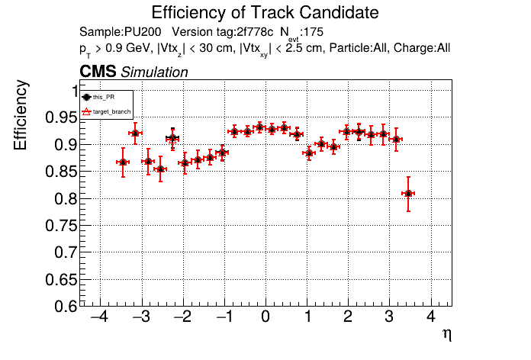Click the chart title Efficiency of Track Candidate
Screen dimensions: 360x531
point(265,13)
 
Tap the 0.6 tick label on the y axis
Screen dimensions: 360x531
point(62,306)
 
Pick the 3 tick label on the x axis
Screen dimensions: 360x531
point(389,317)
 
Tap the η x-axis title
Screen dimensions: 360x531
point(447,334)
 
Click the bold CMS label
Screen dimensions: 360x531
point(98,72)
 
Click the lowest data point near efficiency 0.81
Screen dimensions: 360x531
point(408,194)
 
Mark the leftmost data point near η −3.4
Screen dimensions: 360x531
point(123,162)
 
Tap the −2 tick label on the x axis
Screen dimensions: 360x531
point(181,317)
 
